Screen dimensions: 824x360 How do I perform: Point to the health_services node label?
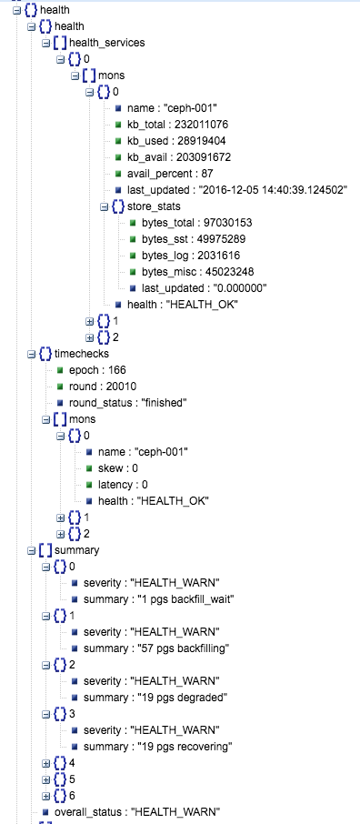(x=106, y=43)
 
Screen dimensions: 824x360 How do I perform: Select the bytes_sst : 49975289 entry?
(x=194, y=239)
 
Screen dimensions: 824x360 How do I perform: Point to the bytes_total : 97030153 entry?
(x=196, y=223)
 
